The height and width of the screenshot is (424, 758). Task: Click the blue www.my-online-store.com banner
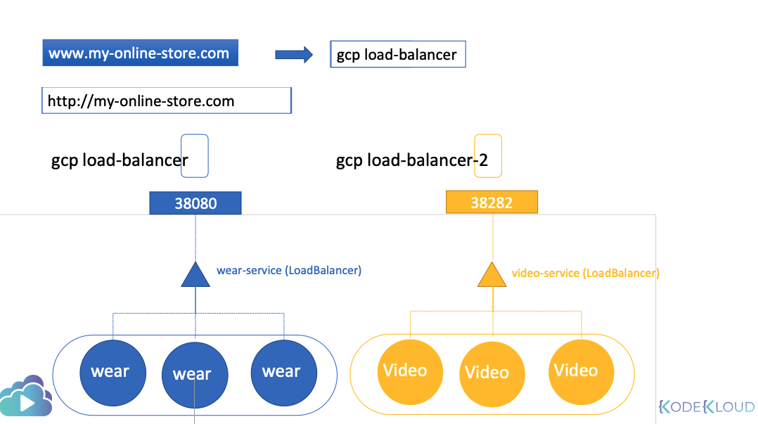click(x=140, y=53)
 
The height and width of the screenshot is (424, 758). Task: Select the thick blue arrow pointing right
click(x=294, y=55)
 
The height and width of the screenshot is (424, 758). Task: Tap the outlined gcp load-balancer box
click(x=398, y=54)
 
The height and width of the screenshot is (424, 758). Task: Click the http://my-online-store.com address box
click(x=167, y=101)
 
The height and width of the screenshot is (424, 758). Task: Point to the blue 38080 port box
click(x=195, y=203)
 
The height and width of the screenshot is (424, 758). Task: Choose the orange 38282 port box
click(x=492, y=202)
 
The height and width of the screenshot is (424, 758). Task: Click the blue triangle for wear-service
click(x=195, y=276)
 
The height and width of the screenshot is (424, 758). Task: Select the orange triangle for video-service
click(x=492, y=276)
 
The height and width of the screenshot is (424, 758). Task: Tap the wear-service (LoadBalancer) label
click(x=289, y=270)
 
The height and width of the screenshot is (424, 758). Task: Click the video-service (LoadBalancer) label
click(x=586, y=273)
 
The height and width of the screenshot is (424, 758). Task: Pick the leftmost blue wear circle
click(x=113, y=373)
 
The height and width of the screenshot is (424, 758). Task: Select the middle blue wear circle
click(x=194, y=375)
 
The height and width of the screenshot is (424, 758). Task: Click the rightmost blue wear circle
click(x=284, y=373)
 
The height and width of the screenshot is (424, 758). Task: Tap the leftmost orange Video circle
click(x=410, y=372)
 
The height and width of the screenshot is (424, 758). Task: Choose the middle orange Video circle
click(x=492, y=374)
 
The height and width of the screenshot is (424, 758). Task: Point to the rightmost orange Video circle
click(x=581, y=372)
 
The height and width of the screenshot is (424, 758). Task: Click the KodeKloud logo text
click(x=706, y=406)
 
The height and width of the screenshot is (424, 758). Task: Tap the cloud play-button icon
click(x=25, y=397)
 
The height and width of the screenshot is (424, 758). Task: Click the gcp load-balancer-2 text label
click(x=412, y=160)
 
